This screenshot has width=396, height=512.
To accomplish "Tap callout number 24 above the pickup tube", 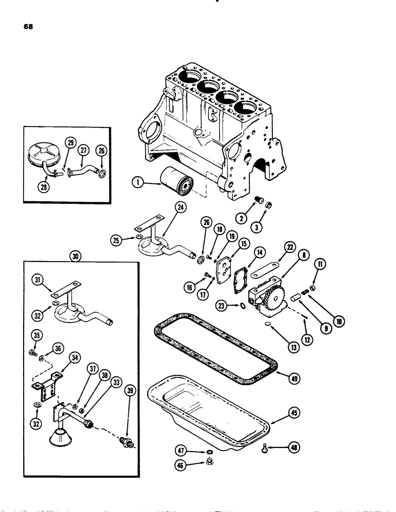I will tap(166, 207).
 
